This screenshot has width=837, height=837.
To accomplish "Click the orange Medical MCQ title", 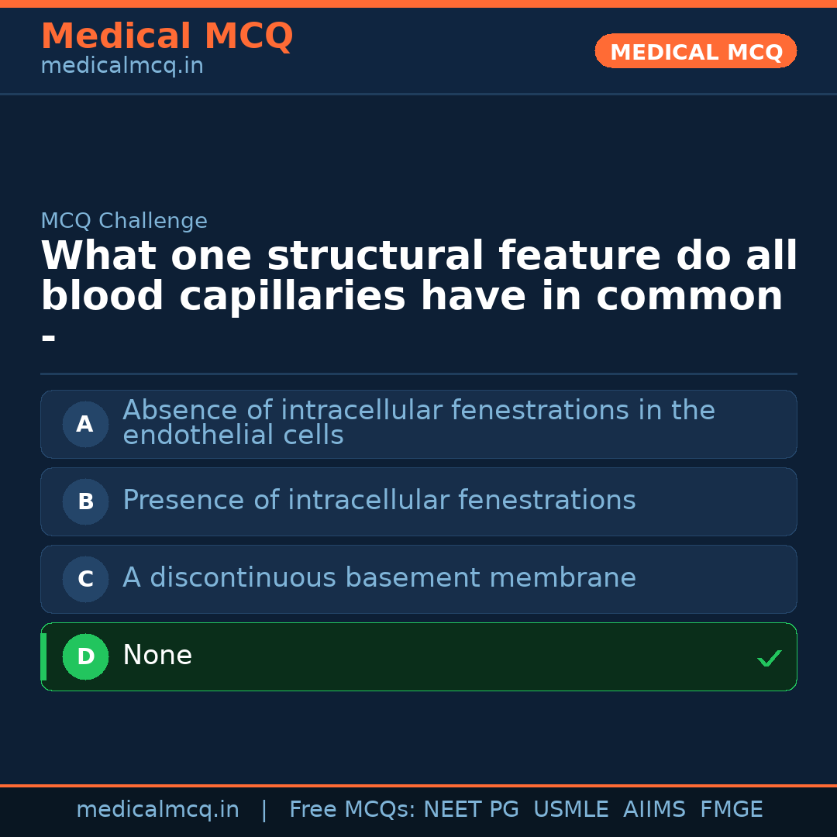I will [x=167, y=36].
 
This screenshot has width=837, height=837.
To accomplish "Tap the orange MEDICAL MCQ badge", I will [x=696, y=51].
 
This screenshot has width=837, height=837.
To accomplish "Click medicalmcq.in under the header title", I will [x=122, y=66].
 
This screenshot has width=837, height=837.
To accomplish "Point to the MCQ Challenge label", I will [x=124, y=221].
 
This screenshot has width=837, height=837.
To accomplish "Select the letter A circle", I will [x=85, y=424].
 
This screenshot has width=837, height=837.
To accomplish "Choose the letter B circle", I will [x=85, y=501].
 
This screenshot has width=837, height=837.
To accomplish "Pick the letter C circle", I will [x=85, y=579].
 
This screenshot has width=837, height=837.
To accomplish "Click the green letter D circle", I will [x=85, y=656].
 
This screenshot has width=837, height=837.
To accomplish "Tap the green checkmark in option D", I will [x=769, y=659].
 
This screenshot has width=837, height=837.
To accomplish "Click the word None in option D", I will [x=157, y=656].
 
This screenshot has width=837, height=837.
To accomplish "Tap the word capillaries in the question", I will [x=292, y=297].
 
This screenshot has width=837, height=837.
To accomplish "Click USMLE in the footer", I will [x=570, y=810].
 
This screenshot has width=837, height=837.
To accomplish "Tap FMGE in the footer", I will [x=731, y=810].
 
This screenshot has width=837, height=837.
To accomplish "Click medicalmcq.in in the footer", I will [x=157, y=810].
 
